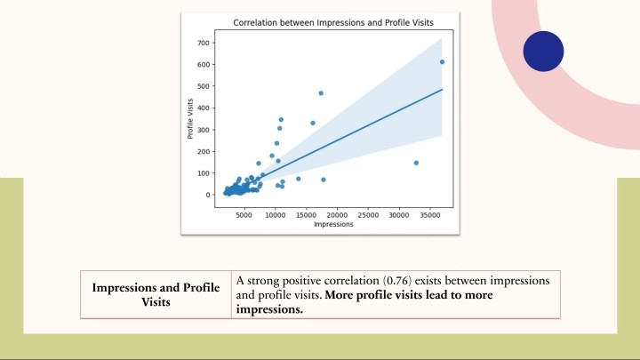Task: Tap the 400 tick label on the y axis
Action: (x=204, y=108)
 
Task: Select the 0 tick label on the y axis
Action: (x=208, y=195)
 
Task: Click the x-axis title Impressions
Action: (x=333, y=225)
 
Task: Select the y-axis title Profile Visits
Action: (x=190, y=119)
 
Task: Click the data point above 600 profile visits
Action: (x=442, y=62)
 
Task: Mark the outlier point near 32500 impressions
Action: (x=416, y=163)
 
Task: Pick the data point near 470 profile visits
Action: (x=321, y=93)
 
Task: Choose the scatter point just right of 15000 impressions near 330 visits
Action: (x=313, y=123)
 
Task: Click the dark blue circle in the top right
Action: (x=543, y=52)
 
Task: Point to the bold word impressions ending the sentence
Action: (x=269, y=310)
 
